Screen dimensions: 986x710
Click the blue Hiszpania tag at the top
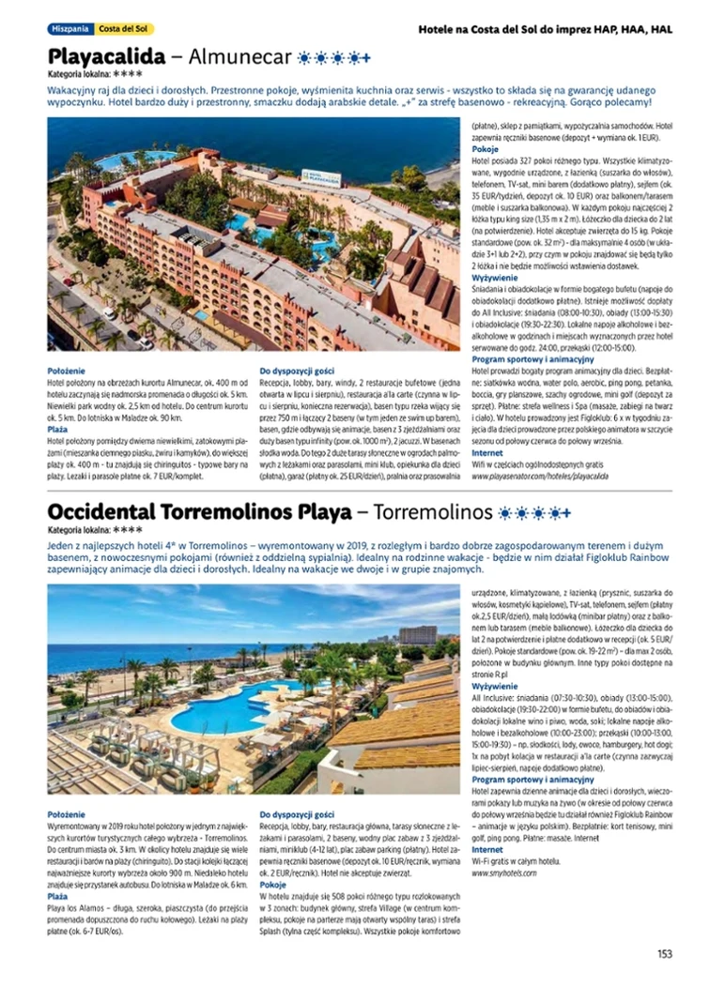tap(71, 29)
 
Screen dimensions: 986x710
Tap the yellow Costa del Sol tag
tap(126, 29)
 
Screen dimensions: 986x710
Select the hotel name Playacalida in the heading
tap(106, 56)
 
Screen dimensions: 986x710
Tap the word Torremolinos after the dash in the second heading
tap(432, 513)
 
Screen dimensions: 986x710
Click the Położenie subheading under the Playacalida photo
tap(66, 372)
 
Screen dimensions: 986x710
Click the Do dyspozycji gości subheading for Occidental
tap(297, 813)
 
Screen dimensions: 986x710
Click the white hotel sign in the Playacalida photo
tap(321, 176)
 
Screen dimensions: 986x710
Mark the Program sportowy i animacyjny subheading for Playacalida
tap(532, 358)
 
